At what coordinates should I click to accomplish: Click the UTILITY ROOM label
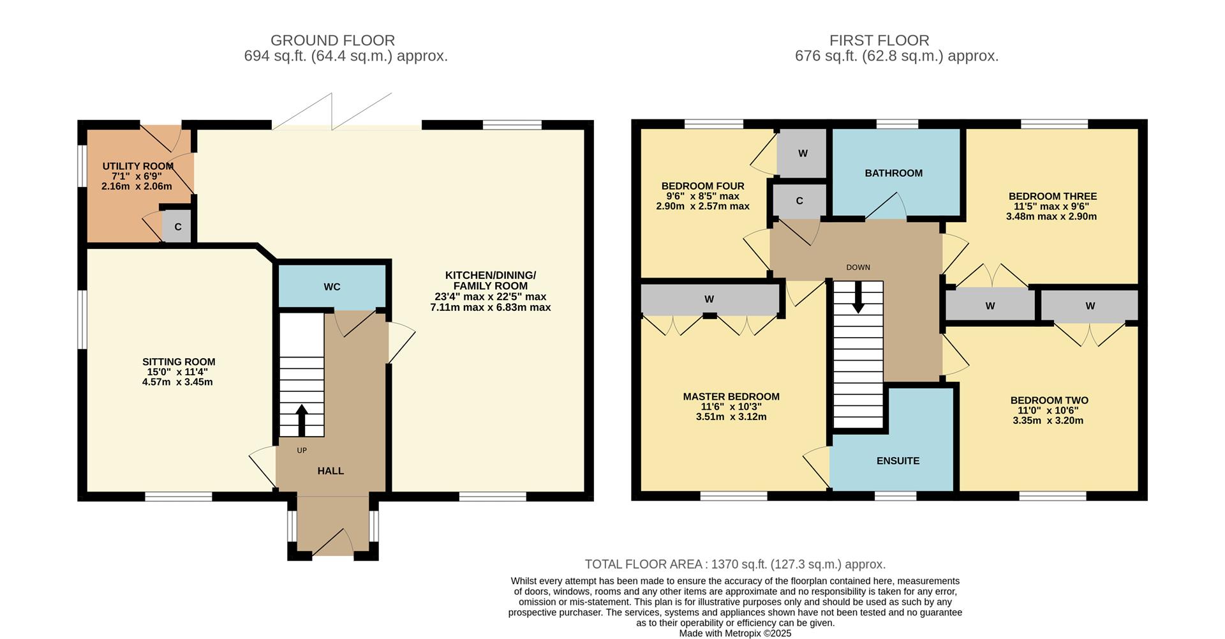pos(138,167)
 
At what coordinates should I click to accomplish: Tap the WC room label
pos(332,287)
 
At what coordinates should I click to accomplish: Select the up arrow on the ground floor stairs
pos(301,420)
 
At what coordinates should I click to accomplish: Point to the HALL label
pos(330,471)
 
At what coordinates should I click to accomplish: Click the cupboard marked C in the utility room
pos(178,227)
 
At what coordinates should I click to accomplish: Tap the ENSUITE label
pos(898,461)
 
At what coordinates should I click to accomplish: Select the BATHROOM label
pos(893,173)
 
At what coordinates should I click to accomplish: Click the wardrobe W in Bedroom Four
pos(803,153)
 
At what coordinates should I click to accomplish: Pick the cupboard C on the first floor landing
pos(799,201)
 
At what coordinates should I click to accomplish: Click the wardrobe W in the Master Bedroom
pos(709,299)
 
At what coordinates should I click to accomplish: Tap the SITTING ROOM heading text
pos(179,362)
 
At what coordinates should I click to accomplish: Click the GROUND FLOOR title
pos(332,40)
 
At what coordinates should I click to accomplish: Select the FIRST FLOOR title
pos(879,40)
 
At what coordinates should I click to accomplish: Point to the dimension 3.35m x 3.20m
pos(1048,421)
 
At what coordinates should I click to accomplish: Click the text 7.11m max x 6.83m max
pos(490,307)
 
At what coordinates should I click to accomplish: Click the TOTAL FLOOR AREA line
pos(735,564)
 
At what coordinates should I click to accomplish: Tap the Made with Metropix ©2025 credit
pos(735,633)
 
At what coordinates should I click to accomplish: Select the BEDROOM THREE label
pos(1052,196)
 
